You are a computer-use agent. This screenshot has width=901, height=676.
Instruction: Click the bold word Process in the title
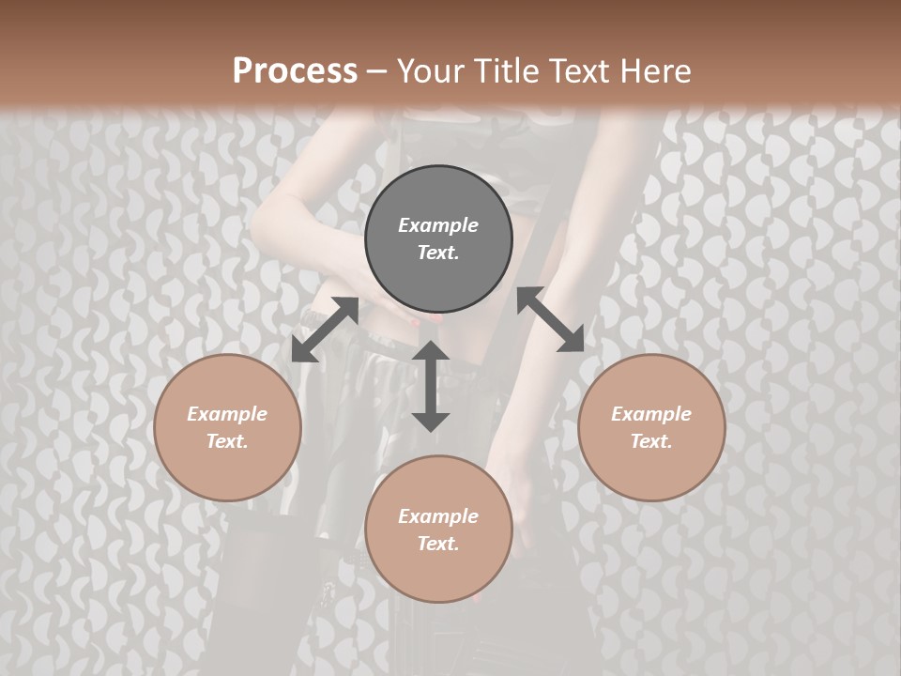295,70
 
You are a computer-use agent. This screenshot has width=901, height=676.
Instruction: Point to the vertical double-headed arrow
431,386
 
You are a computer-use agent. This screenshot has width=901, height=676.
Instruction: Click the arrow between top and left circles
325,330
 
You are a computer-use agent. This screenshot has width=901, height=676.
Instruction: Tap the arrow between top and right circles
550,320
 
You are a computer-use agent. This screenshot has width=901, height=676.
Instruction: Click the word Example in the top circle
438,225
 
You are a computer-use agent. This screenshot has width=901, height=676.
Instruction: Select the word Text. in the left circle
227,441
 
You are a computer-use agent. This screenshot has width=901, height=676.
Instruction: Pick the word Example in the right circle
651,414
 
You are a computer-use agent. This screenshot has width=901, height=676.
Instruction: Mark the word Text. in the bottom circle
438,544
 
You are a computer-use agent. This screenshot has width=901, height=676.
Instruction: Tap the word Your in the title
427,70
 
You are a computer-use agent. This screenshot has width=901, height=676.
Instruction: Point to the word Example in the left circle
227,414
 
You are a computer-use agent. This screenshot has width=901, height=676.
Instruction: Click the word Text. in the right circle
651,441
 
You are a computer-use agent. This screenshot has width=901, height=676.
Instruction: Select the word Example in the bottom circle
438,516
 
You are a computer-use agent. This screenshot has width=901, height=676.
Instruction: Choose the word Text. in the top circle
438,253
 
